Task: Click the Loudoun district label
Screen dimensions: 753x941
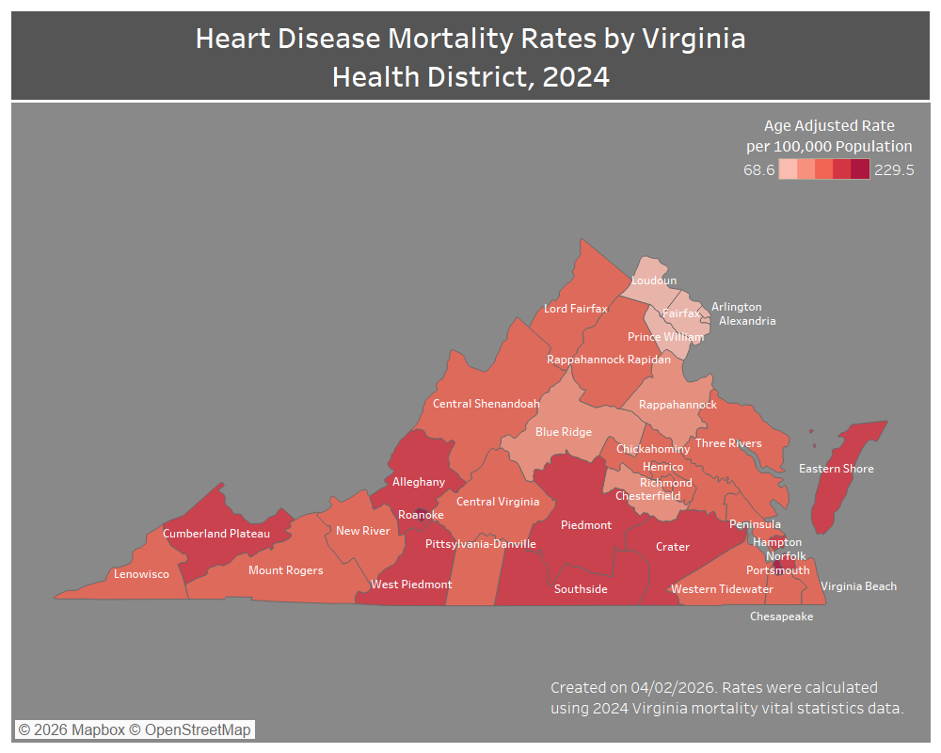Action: tap(653, 280)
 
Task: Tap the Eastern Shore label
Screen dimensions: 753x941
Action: tap(836, 469)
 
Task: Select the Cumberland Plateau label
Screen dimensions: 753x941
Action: tap(216, 534)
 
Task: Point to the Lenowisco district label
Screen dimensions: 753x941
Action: tap(141, 574)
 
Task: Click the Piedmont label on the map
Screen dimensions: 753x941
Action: tap(586, 525)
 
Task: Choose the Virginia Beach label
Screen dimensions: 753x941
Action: tap(858, 586)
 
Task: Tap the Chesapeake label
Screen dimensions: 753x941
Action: tap(781, 617)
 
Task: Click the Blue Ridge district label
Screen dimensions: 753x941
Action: tap(564, 432)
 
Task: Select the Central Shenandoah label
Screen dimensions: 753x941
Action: tap(486, 404)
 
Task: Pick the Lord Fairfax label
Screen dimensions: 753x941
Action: tap(576, 309)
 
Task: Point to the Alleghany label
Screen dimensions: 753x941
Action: tap(419, 482)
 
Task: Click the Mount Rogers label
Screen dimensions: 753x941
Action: tap(285, 570)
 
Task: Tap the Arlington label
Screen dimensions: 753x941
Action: tap(736, 307)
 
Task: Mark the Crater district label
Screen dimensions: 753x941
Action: tap(672, 547)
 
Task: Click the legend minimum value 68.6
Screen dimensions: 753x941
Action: tap(758, 170)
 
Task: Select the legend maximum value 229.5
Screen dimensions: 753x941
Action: tap(894, 170)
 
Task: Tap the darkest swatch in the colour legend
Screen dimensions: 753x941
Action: tap(860, 169)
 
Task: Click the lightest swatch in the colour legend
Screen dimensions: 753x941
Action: tap(788, 169)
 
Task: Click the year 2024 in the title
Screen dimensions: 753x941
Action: tap(575, 76)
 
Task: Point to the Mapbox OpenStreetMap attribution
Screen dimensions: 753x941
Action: tap(135, 729)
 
